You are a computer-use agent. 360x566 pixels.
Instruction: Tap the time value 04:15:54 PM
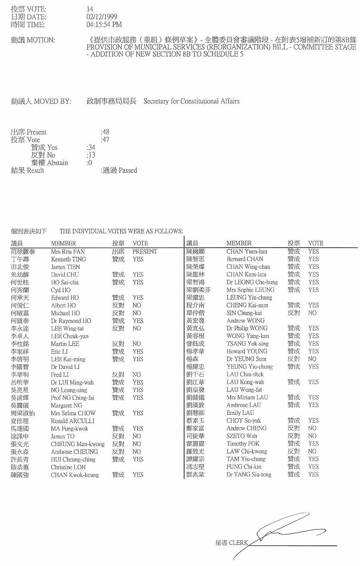[x=104, y=24]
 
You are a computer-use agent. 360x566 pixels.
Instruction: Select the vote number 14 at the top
[x=90, y=9]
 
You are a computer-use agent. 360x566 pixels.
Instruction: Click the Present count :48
[x=105, y=132]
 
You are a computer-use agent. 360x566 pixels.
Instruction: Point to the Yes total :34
[x=91, y=147]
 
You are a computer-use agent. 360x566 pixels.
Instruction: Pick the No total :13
[x=91, y=155]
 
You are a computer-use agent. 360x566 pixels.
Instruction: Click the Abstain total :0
[x=89, y=163]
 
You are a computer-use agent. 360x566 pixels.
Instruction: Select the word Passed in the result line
[x=128, y=170]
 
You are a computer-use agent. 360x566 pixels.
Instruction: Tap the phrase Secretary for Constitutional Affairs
[x=191, y=101]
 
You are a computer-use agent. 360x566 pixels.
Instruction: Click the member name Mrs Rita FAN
[x=68, y=252]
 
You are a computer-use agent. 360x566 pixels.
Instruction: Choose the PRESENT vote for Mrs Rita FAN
[x=145, y=252]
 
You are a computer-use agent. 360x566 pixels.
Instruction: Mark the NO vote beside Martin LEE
[x=136, y=344]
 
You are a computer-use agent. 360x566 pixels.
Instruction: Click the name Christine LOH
[x=68, y=467]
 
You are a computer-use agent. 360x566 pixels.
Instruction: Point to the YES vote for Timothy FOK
[x=313, y=444]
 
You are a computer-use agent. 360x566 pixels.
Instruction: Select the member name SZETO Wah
[x=242, y=436]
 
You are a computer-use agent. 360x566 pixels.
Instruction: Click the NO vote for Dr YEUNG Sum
[x=312, y=359]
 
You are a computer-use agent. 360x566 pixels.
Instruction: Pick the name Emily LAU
[x=240, y=413]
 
